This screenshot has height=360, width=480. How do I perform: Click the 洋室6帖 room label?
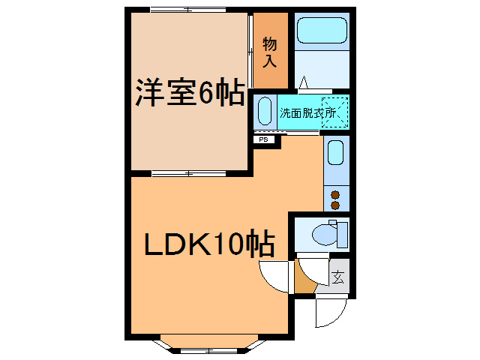point(189,93)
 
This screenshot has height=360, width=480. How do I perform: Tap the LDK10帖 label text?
point(208,244)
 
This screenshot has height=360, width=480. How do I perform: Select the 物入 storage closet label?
point(270,52)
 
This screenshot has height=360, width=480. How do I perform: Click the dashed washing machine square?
point(334,111)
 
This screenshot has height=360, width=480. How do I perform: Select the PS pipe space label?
point(263,139)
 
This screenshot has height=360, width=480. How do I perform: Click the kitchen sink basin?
point(336,153)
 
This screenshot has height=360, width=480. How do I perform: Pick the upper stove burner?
point(335,194)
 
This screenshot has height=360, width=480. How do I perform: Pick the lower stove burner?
point(335,204)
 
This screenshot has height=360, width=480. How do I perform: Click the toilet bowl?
point(324,235)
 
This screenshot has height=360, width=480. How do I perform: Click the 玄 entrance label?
point(338,277)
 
